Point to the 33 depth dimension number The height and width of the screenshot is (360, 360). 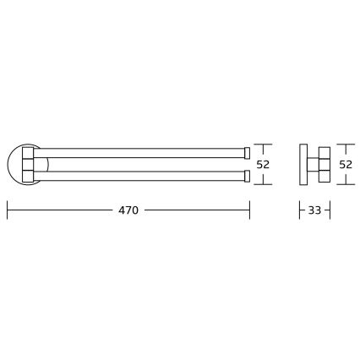click(314, 210)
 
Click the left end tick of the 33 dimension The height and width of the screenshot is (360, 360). click(300, 210)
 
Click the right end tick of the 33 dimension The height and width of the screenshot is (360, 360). click(330, 210)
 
